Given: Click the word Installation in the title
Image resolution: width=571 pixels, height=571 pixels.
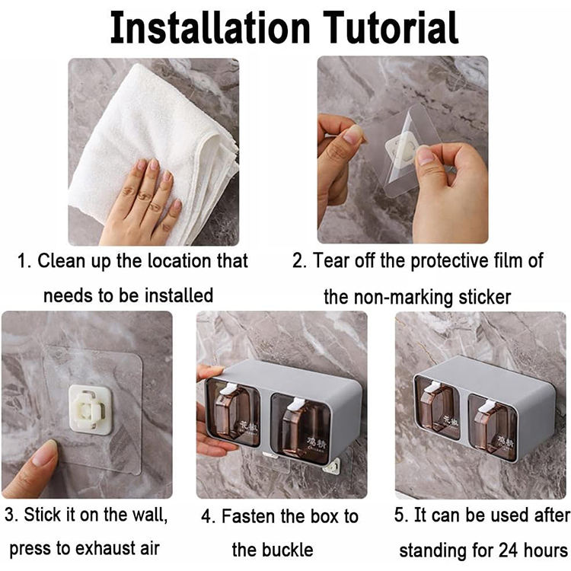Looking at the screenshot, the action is (x=210, y=28).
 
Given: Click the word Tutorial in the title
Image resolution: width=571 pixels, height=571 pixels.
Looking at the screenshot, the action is (x=391, y=28).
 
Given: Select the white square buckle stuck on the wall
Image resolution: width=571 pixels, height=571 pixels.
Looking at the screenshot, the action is (x=90, y=410).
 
